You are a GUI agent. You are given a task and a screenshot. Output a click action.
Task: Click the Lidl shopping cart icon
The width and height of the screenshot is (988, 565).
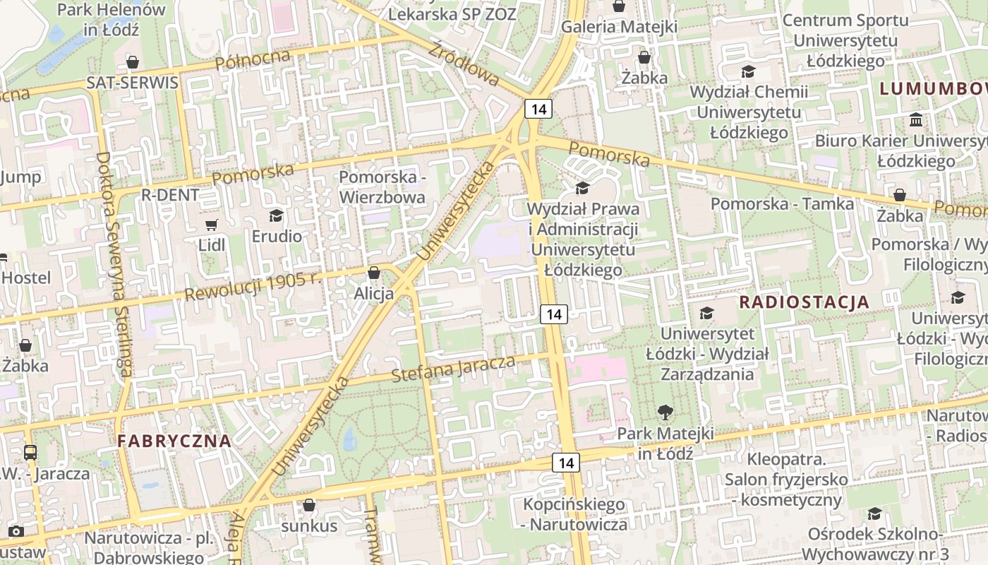coord(211,225)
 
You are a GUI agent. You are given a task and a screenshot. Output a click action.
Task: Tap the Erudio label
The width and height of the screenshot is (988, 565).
coord(277,236)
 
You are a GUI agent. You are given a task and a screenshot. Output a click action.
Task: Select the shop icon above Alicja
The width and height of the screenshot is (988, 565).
coord(374,273)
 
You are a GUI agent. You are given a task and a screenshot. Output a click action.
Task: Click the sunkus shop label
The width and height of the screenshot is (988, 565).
coord(309,526)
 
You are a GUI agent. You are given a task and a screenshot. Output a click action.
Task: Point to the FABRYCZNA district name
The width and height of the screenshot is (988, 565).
coord(174,441)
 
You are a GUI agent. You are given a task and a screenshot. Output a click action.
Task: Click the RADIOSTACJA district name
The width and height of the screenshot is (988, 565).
coord(804,302)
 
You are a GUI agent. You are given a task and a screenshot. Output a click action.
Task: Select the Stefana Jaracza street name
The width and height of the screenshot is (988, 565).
coord(453,369)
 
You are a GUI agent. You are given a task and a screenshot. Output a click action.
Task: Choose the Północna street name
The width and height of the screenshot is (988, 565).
coord(253,60)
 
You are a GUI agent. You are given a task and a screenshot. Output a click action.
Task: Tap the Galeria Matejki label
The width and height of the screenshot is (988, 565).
coord(619,27)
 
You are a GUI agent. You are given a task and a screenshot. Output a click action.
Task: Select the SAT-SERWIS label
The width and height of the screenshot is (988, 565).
coord(132,83)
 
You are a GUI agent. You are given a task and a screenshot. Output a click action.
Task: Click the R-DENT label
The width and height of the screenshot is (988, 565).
coord(170,195)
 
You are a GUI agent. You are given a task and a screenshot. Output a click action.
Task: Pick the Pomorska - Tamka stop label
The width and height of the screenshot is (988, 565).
coord(782,204)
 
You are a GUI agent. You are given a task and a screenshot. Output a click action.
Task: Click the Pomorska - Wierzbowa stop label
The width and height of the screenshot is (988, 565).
coord(382,186)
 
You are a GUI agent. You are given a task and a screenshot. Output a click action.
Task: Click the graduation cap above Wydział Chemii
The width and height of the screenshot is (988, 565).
coord(748,71)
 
